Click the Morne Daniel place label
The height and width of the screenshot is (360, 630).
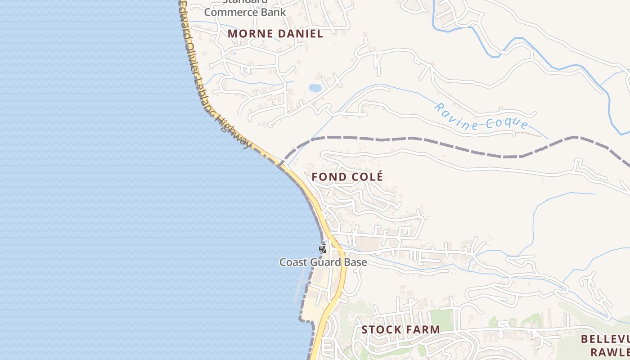[x=275, y=34]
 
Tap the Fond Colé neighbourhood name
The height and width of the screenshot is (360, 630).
[x=347, y=177]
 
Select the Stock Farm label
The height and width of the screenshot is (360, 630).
[x=400, y=329]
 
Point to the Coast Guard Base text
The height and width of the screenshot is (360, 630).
[x=323, y=262]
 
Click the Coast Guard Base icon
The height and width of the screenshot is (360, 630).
[x=323, y=248]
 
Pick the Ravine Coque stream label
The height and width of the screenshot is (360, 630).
[x=481, y=117]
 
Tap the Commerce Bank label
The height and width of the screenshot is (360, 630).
[x=245, y=12]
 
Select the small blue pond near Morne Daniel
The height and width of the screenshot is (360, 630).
[x=315, y=88]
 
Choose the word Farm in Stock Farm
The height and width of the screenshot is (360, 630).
[x=423, y=329]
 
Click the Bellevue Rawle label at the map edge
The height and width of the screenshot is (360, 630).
[x=605, y=345]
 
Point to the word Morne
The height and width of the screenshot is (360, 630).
[x=250, y=34]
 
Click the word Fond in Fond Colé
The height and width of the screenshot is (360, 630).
[x=328, y=177]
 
